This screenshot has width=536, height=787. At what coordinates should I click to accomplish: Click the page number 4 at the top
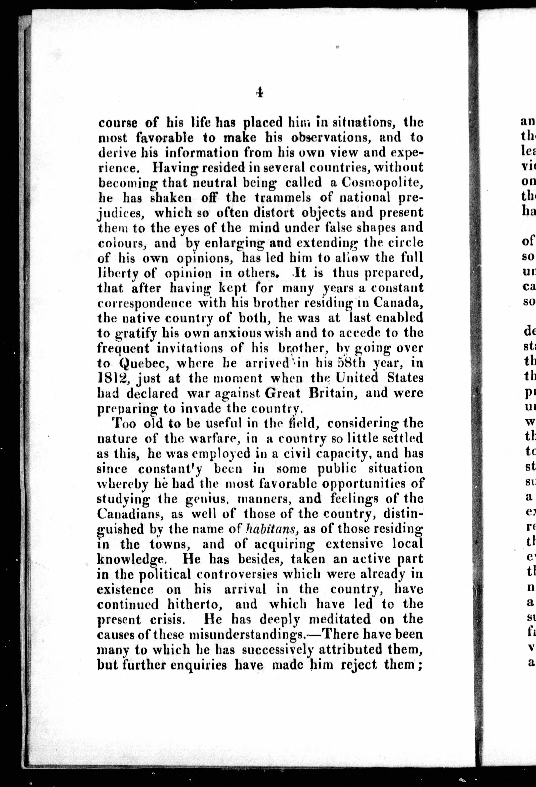coord(260,92)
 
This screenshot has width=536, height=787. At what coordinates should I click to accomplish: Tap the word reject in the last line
coord(358,665)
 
